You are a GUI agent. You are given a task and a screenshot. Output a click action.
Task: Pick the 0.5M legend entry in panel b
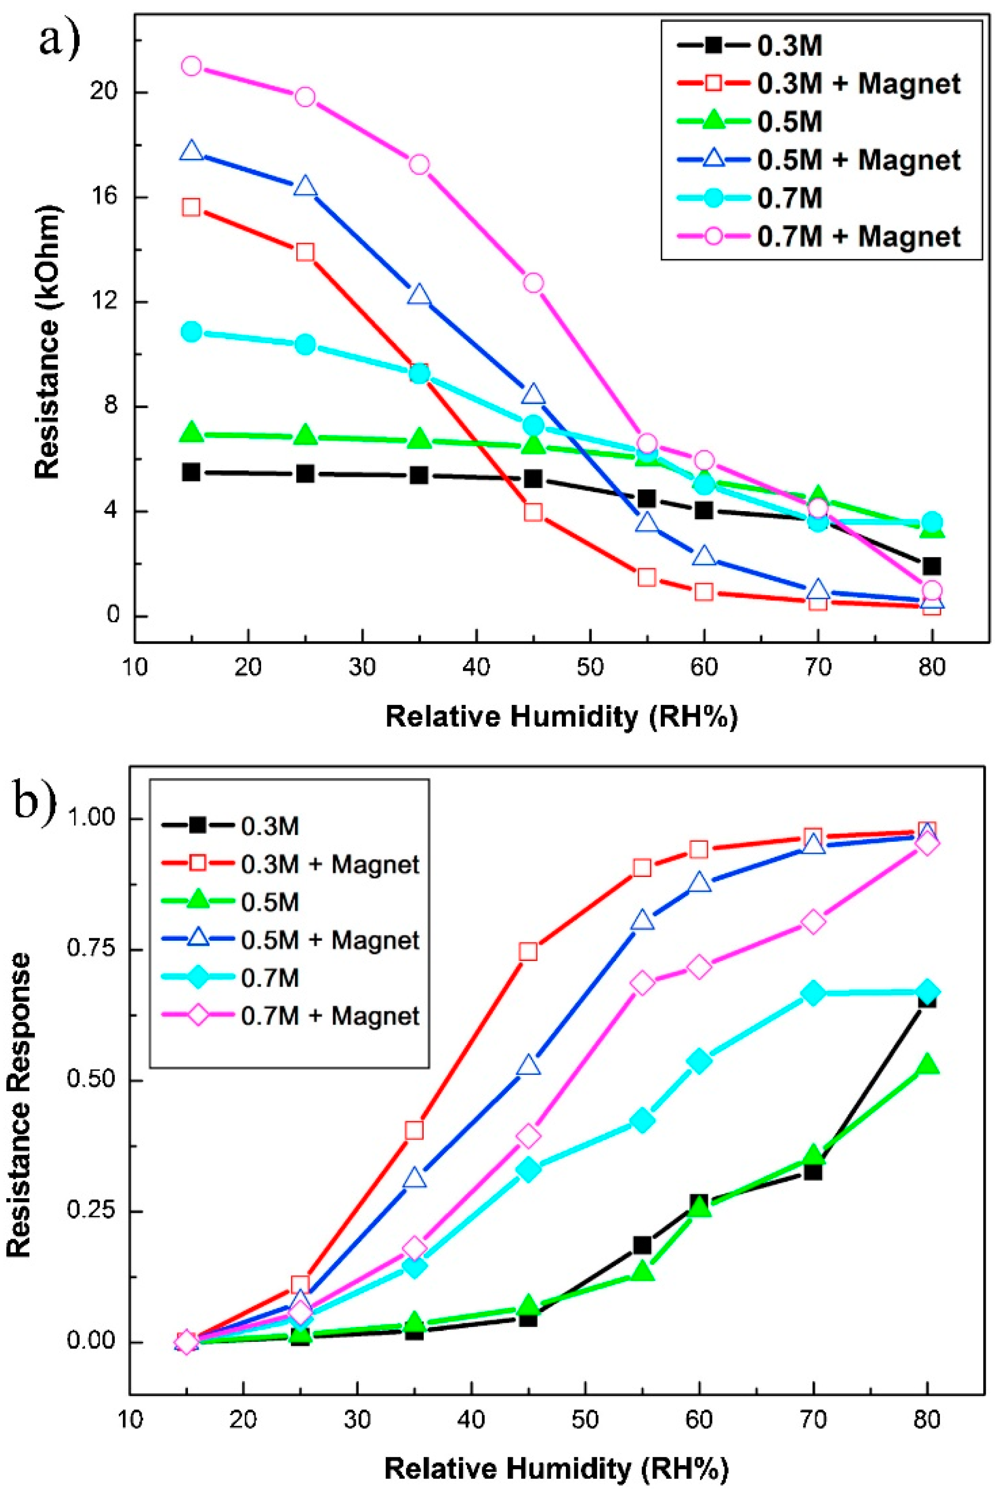click(270, 902)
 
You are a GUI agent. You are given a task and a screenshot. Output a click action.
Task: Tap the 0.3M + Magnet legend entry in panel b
click(330, 864)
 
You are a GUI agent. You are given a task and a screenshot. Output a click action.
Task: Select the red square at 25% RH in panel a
click(305, 253)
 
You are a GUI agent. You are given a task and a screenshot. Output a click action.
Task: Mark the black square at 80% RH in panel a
click(932, 565)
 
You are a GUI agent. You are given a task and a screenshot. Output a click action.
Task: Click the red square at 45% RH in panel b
click(528, 952)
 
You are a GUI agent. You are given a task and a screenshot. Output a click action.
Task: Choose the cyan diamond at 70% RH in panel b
click(813, 993)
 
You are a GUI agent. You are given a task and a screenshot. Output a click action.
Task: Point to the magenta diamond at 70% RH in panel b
click(813, 922)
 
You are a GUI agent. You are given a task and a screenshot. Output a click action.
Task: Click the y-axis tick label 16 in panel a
click(102, 197)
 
